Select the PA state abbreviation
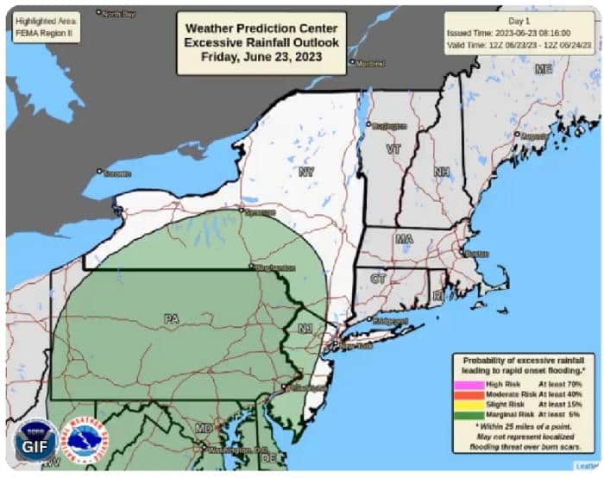pyautogui.click(x=171, y=318)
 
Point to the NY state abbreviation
pyautogui.click(x=305, y=173)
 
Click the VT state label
pyautogui.click(x=393, y=149)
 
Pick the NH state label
pyautogui.click(x=441, y=172)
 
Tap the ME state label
pyautogui.click(x=543, y=69)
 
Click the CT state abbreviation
pyautogui.click(x=378, y=278)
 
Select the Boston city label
pyautogui.click(x=475, y=255)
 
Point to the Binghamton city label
pyautogui.click(x=274, y=268)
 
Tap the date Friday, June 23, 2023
pyautogui.click(x=261, y=57)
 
